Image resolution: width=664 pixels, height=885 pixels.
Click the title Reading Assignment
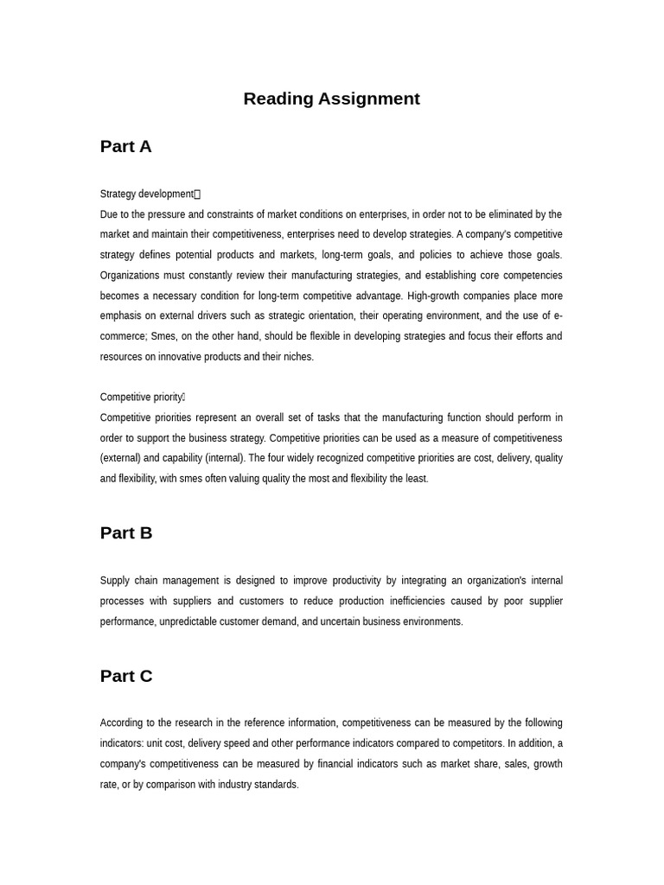(x=331, y=99)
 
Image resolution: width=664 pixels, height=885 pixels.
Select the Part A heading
(x=125, y=146)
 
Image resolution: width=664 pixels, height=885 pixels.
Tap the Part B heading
(x=125, y=532)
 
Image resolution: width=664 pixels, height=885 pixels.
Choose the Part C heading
(x=125, y=676)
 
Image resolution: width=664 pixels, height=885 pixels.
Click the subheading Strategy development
(x=147, y=194)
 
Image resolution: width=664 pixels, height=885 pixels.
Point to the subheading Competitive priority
(x=141, y=398)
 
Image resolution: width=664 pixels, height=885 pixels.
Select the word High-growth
(x=437, y=296)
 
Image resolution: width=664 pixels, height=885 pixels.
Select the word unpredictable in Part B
(x=188, y=621)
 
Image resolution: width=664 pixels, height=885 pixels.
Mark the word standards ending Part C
(x=275, y=785)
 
